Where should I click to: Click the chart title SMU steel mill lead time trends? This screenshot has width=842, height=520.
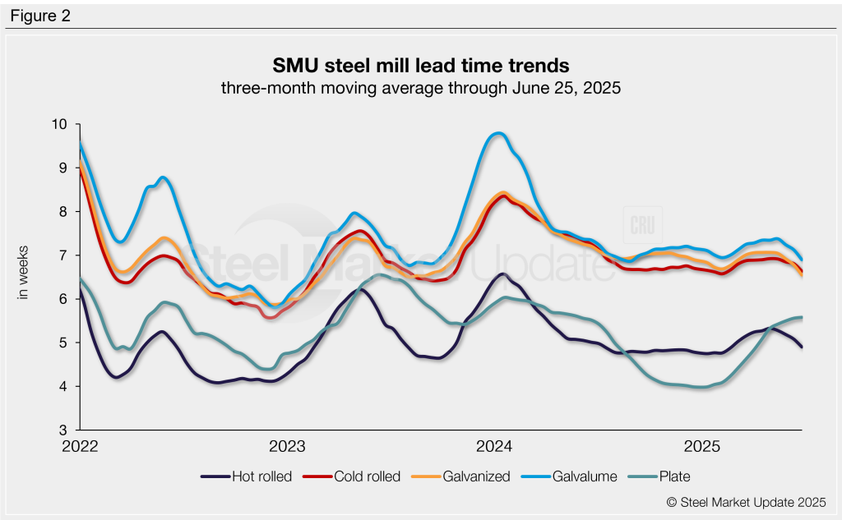click(420, 65)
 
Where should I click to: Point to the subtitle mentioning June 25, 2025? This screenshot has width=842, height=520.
click(420, 88)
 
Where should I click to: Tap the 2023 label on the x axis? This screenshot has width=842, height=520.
click(288, 448)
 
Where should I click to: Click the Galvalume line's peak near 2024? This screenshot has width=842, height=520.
click(497, 133)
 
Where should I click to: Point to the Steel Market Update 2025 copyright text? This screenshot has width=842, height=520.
click(746, 502)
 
